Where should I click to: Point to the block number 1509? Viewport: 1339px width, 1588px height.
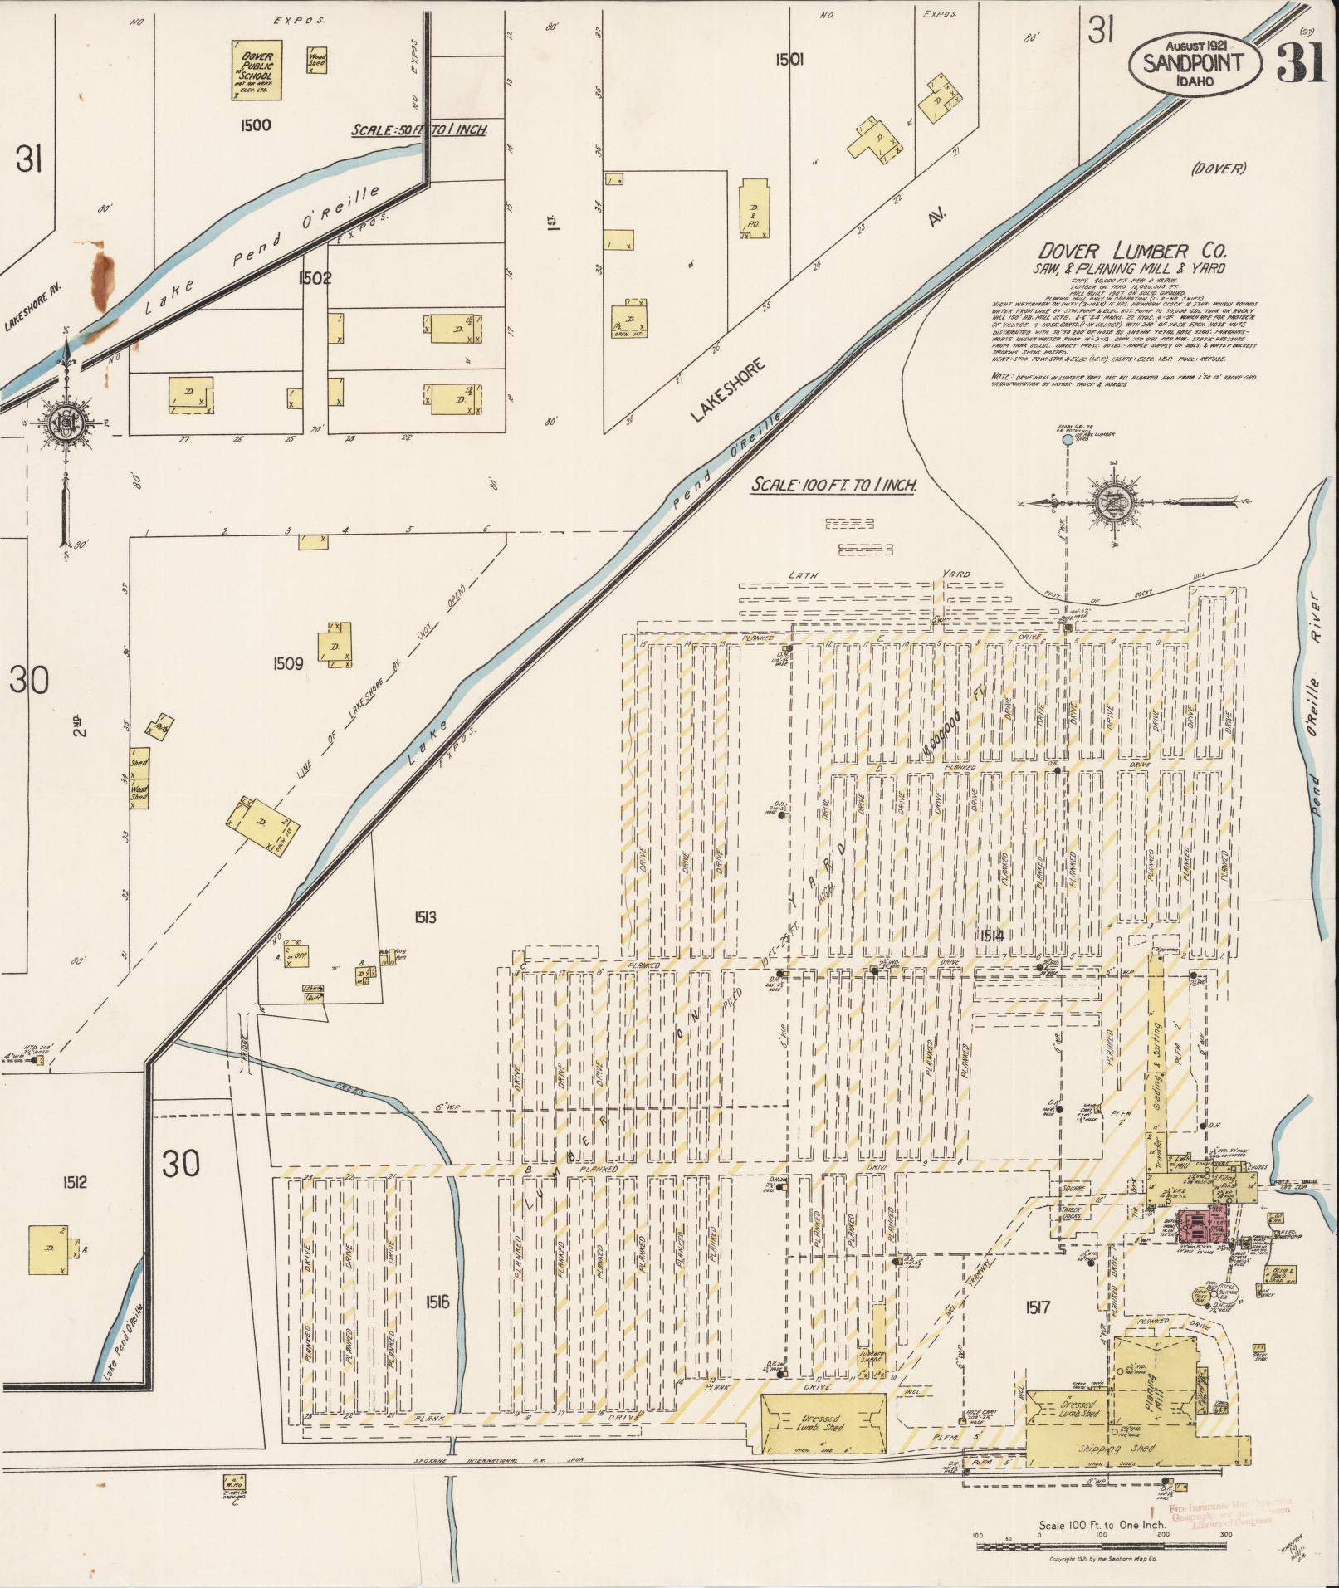pyautogui.click(x=287, y=663)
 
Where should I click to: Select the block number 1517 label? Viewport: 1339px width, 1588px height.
pyautogui.click(x=1037, y=1307)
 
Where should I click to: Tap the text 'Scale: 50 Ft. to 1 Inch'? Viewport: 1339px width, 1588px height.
pyautogui.click(x=418, y=130)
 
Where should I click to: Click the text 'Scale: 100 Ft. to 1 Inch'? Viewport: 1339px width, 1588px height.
pyautogui.click(x=833, y=486)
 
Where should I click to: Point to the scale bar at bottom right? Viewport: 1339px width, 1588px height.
pyautogui.click(x=1102, y=1545)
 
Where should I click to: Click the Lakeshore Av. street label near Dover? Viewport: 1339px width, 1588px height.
pyautogui.click(x=726, y=389)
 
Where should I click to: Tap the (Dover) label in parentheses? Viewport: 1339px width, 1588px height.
pyautogui.click(x=1218, y=169)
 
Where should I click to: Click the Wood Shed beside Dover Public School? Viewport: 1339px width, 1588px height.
pyautogui.click(x=316, y=59)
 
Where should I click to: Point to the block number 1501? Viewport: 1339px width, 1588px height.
pyautogui.click(x=789, y=59)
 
